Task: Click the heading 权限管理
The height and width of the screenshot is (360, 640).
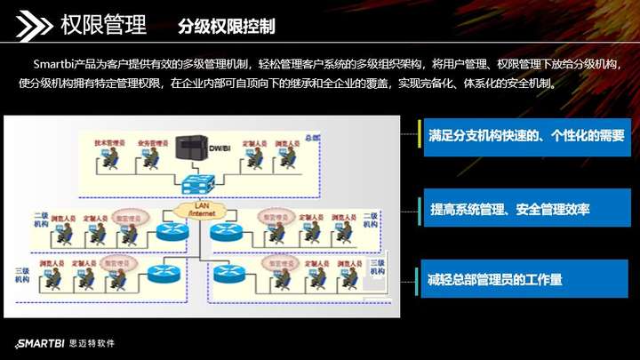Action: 104,25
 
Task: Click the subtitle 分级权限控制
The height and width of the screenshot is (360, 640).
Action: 226,26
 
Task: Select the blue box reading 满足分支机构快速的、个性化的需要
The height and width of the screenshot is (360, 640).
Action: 526,136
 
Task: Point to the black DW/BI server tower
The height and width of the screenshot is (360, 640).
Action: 190,148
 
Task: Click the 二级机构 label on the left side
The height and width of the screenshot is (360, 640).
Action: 41,220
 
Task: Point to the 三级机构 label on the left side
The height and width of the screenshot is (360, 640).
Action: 22,274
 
